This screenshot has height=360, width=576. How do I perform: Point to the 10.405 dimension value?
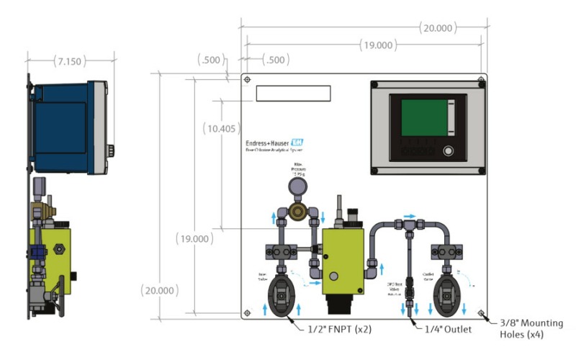point(220,129)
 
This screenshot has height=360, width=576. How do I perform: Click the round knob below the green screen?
point(449,151)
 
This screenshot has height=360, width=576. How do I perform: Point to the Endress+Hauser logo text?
point(274,143)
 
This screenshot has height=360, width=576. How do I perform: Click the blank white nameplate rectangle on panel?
point(293,94)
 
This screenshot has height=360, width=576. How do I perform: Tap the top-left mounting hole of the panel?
point(248,80)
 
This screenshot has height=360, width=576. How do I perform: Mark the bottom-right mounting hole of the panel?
point(480,312)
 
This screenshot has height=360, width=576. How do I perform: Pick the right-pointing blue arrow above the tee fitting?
point(408,215)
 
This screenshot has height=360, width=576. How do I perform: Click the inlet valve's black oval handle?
point(281,296)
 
